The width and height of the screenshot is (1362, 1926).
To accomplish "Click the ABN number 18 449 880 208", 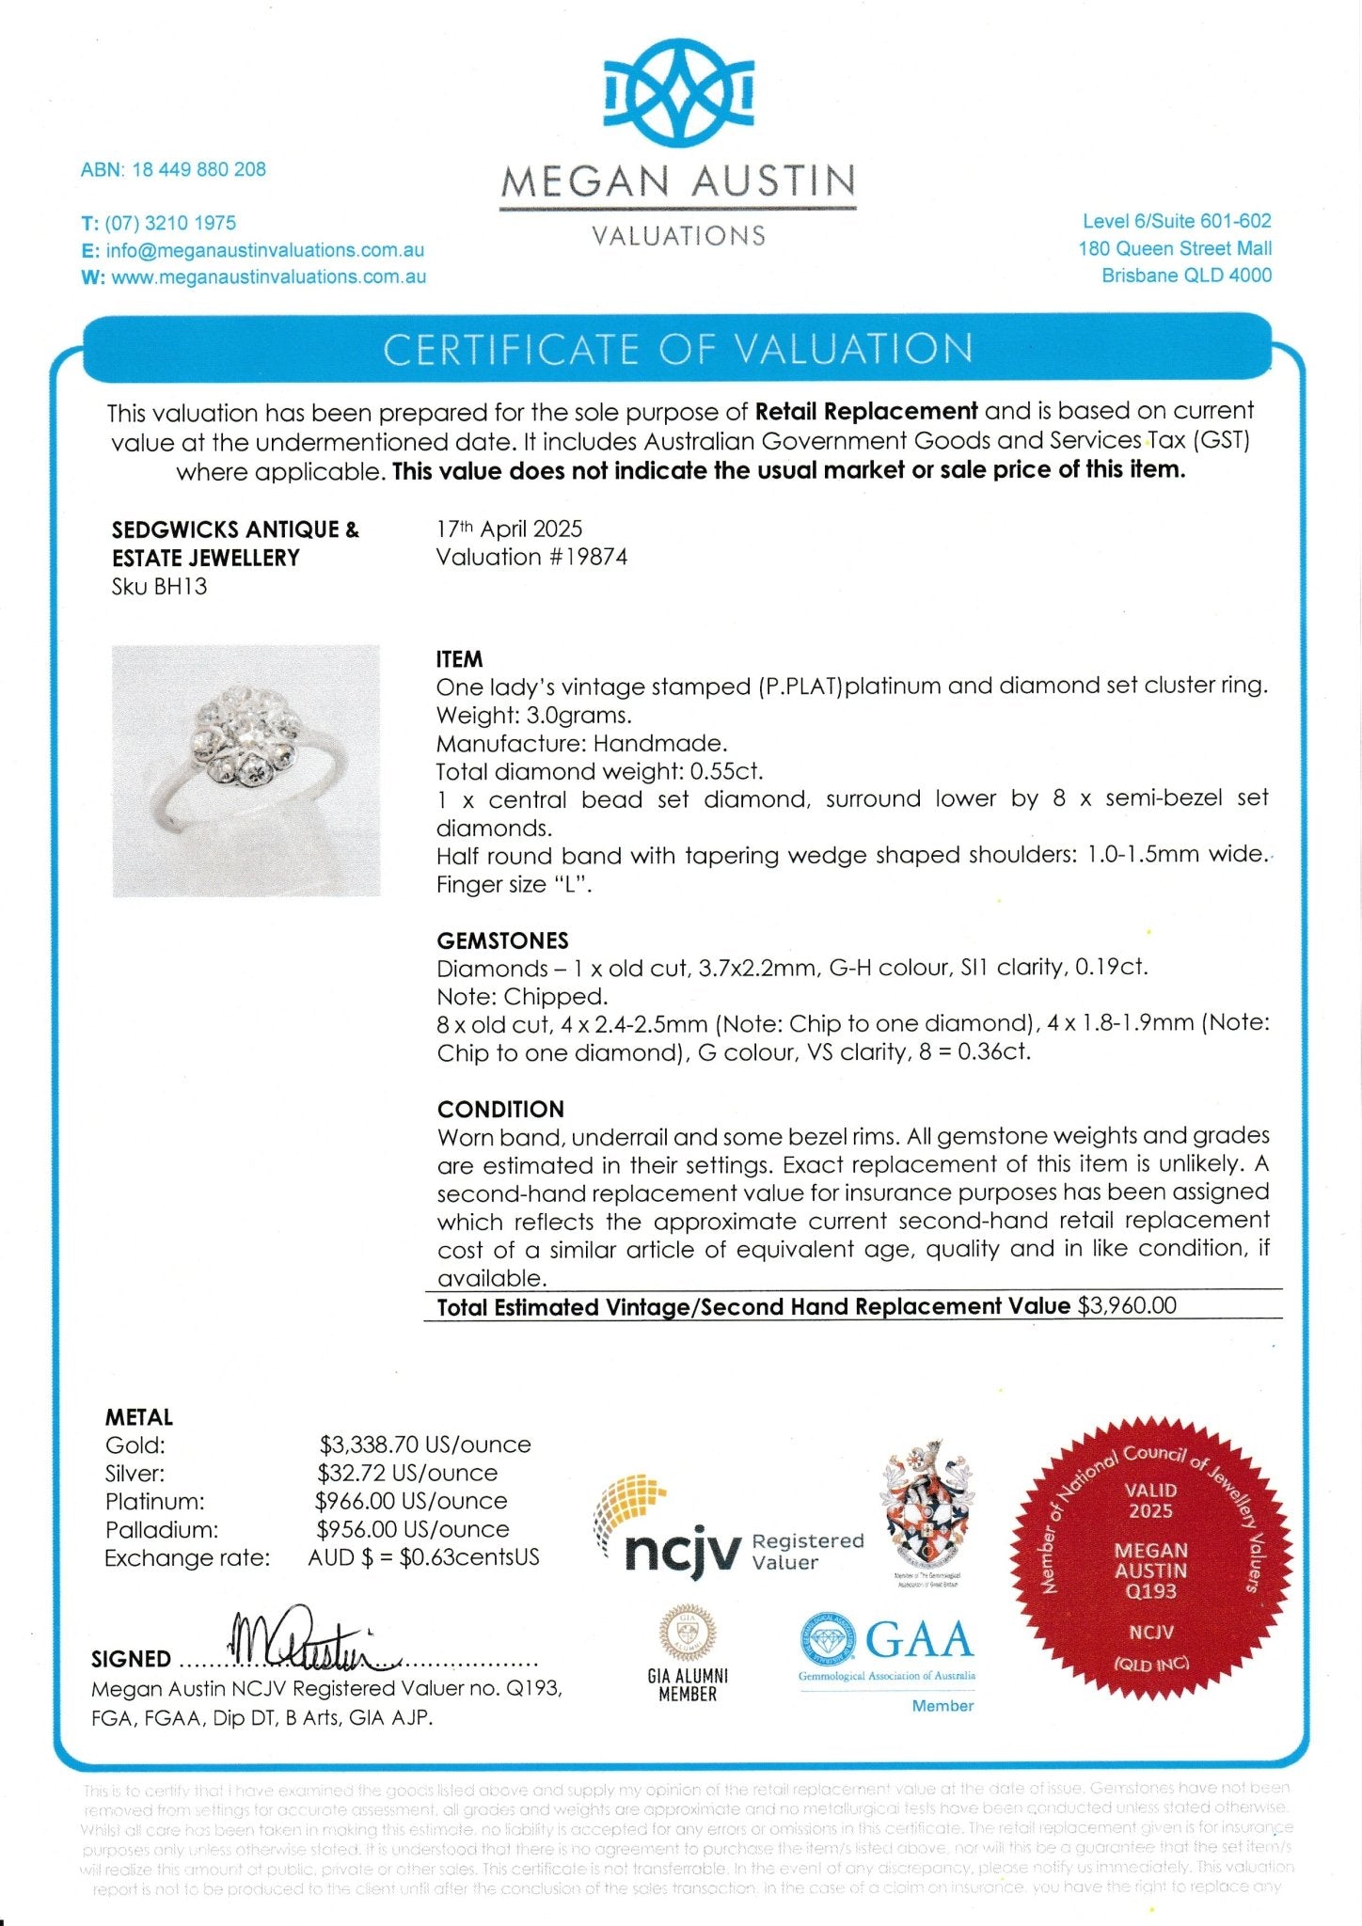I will [198, 170].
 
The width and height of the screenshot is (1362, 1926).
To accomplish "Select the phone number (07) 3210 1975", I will [170, 224].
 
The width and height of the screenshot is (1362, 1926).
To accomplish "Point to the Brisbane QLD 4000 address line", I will [1186, 276].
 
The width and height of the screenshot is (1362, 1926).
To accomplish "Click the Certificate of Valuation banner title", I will [677, 350].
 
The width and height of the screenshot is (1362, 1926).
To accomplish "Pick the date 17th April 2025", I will [509, 529].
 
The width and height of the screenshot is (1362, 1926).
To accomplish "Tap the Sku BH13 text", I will [159, 587].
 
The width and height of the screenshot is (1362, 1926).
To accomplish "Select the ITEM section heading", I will [459, 659].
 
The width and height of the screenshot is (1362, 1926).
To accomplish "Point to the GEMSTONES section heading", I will [502, 940].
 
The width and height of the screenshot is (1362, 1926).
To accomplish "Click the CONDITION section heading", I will [500, 1109].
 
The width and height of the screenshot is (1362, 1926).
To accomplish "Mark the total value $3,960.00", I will [1127, 1306].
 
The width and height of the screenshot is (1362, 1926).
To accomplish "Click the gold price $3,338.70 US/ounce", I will [425, 1444].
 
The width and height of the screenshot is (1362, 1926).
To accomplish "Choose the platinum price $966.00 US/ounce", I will [411, 1501].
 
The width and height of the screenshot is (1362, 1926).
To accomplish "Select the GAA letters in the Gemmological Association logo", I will [919, 1640].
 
